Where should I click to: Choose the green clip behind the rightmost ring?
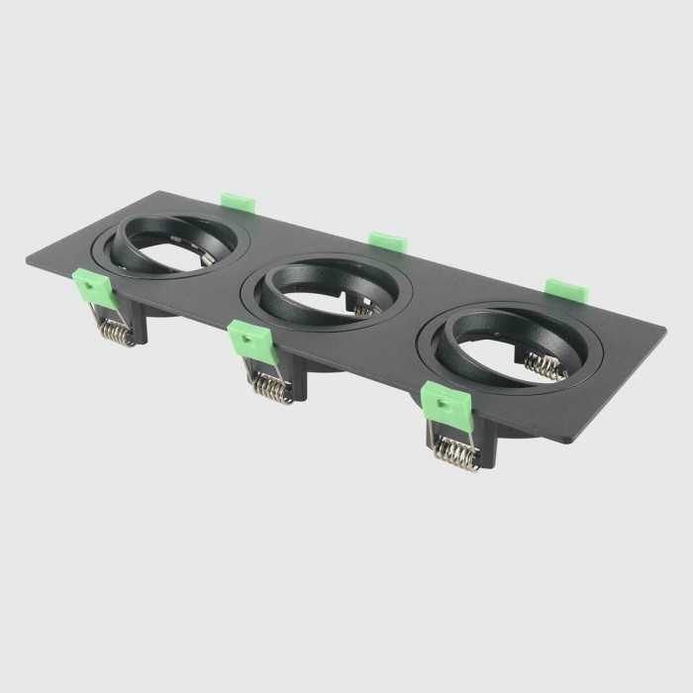point(565,289)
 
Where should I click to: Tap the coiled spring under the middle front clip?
point(269,387)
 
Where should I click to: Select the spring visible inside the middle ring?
point(364,306)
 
